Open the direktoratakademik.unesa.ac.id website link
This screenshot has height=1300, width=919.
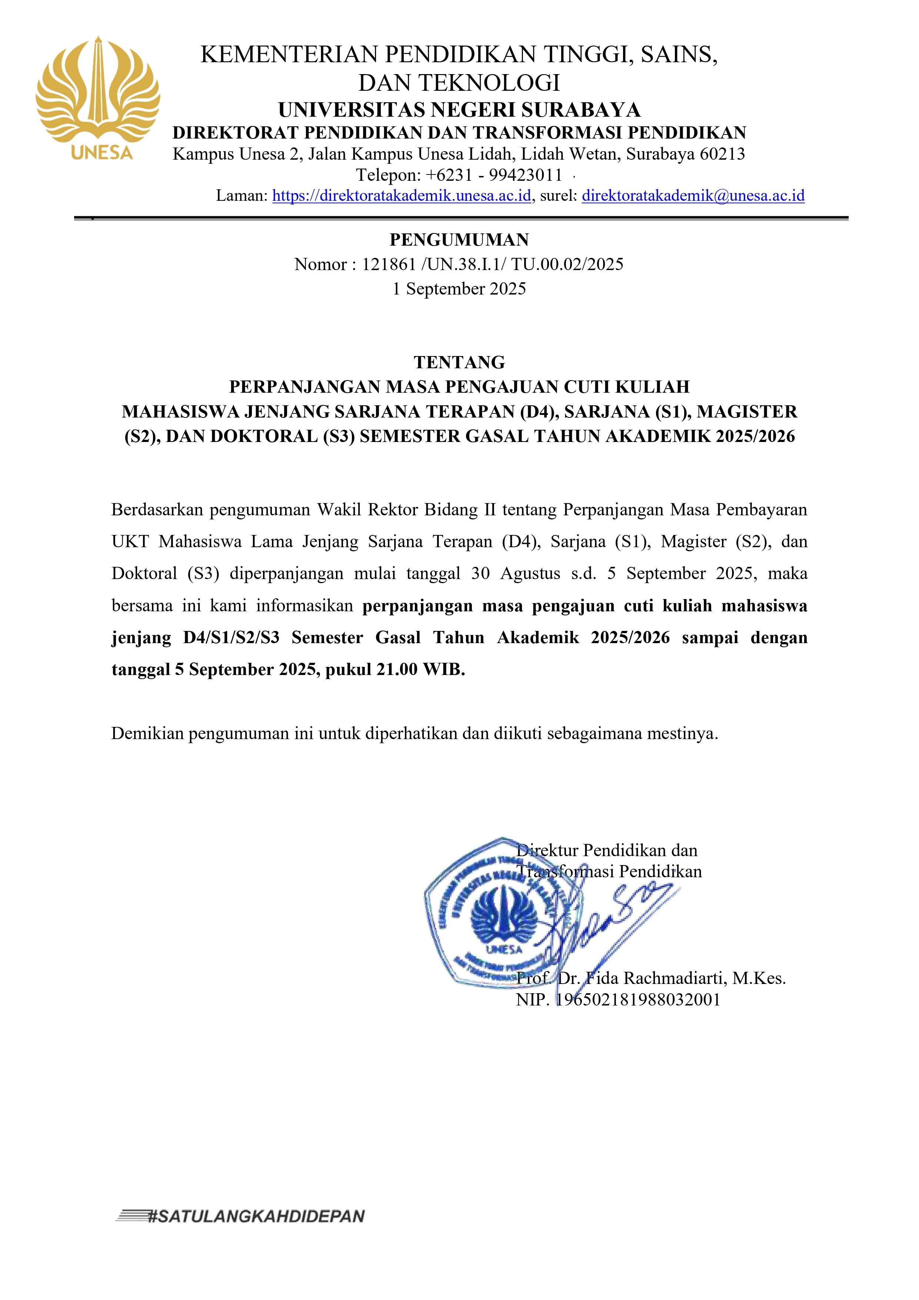pos(402,196)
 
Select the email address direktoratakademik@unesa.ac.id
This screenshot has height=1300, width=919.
pos(693,196)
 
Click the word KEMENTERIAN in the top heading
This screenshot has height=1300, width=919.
pos(289,54)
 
